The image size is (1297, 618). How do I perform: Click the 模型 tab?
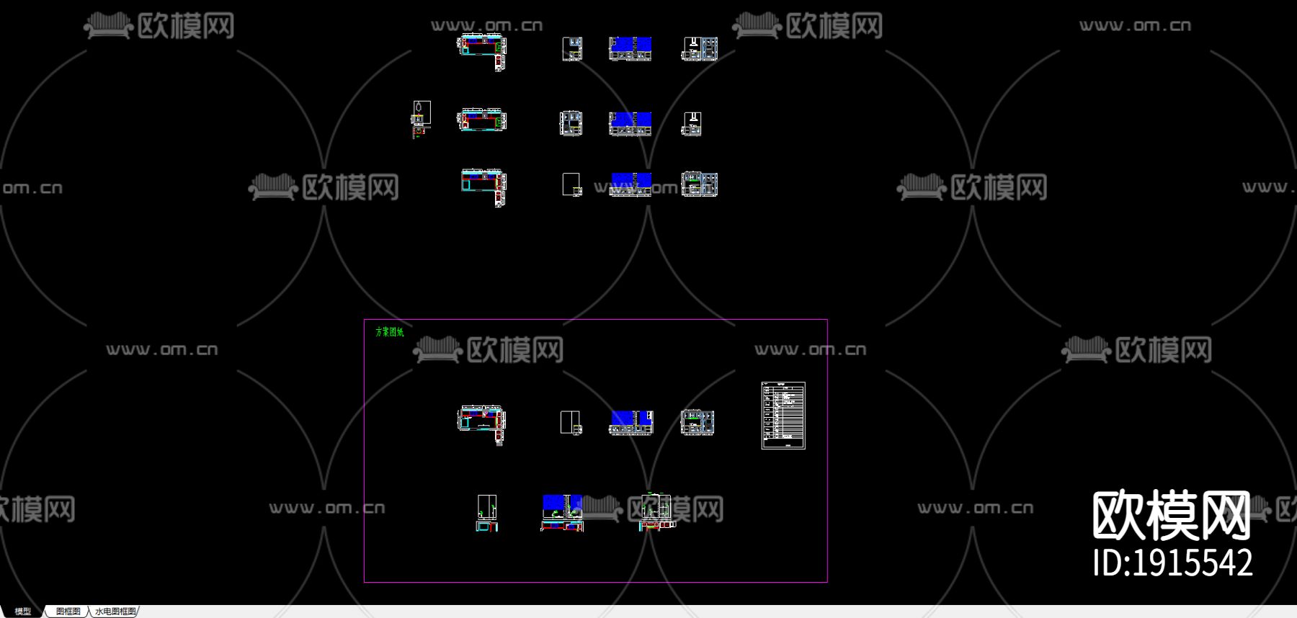tap(22, 612)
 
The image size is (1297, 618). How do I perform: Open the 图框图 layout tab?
tap(68, 612)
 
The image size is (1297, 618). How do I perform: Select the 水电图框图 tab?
tap(115, 612)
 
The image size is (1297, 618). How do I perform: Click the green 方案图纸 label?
tap(389, 332)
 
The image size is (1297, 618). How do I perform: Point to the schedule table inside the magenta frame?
tap(783, 416)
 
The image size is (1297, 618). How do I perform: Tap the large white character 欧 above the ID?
tap(1119, 515)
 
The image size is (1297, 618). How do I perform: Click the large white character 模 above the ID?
tap(1172, 515)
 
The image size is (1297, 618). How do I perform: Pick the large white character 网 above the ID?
tap(1224, 515)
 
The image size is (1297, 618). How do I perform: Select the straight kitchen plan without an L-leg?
tap(482, 120)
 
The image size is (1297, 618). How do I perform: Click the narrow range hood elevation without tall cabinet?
tap(692, 124)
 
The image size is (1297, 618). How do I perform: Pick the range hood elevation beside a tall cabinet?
tap(700, 48)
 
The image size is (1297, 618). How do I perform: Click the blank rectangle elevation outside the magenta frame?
tap(571, 184)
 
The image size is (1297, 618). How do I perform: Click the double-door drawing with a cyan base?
tap(487, 512)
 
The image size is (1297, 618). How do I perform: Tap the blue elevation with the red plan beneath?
tap(562, 512)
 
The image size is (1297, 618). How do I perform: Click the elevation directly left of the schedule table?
tap(697, 422)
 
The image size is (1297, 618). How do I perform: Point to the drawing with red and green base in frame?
tap(655, 512)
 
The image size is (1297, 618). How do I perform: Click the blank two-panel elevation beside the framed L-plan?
tap(571, 422)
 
